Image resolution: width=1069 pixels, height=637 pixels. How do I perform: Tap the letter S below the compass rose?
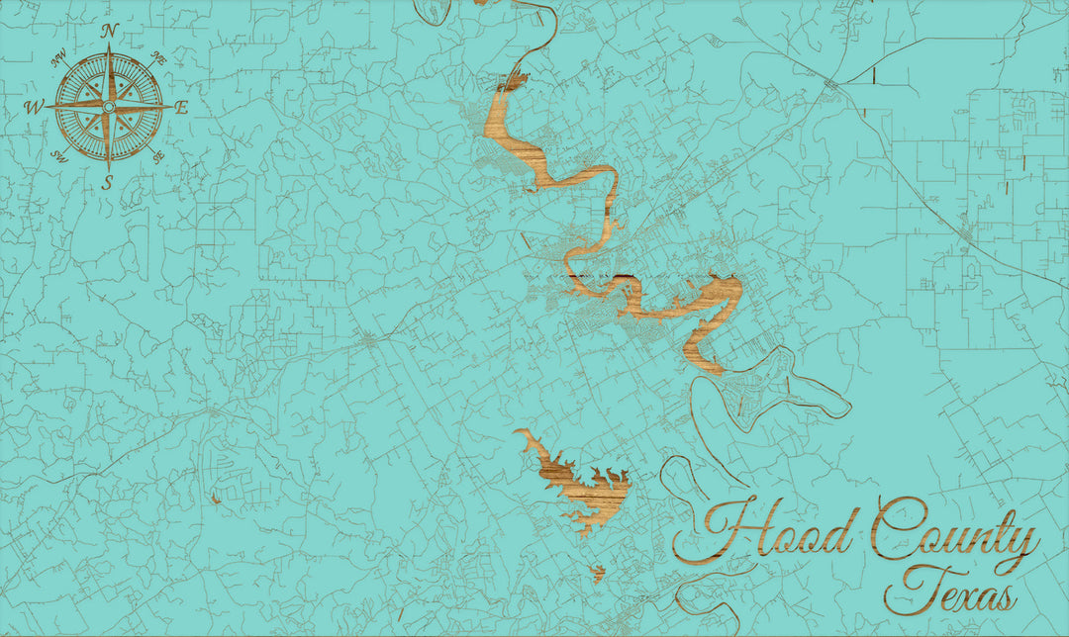coord(108,181)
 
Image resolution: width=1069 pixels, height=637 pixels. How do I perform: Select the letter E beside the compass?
coord(181,108)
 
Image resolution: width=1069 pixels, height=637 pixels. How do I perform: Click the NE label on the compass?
coord(158,59)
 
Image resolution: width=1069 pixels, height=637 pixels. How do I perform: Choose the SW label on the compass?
coord(59,155)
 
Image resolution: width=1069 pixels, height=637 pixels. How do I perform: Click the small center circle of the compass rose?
coord(109,106)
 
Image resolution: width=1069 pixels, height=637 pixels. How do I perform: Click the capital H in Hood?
coord(720,535)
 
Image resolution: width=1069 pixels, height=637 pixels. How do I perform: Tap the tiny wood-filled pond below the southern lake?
coord(598,572)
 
